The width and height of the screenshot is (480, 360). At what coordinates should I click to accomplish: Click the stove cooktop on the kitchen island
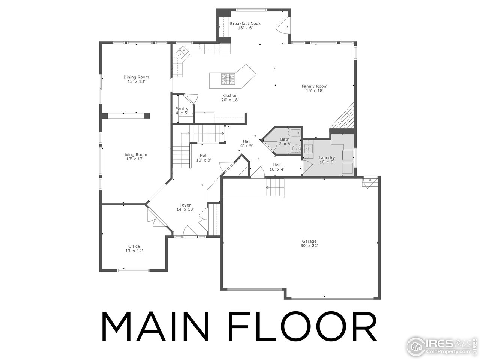(228, 78)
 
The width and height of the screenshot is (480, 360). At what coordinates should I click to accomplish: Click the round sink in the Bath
(297, 148)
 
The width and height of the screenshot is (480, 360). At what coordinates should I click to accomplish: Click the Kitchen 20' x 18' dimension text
(230, 100)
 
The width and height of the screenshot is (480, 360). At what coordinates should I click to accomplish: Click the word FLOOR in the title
(303, 326)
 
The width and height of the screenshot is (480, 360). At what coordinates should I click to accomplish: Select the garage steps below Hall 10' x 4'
(275, 187)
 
